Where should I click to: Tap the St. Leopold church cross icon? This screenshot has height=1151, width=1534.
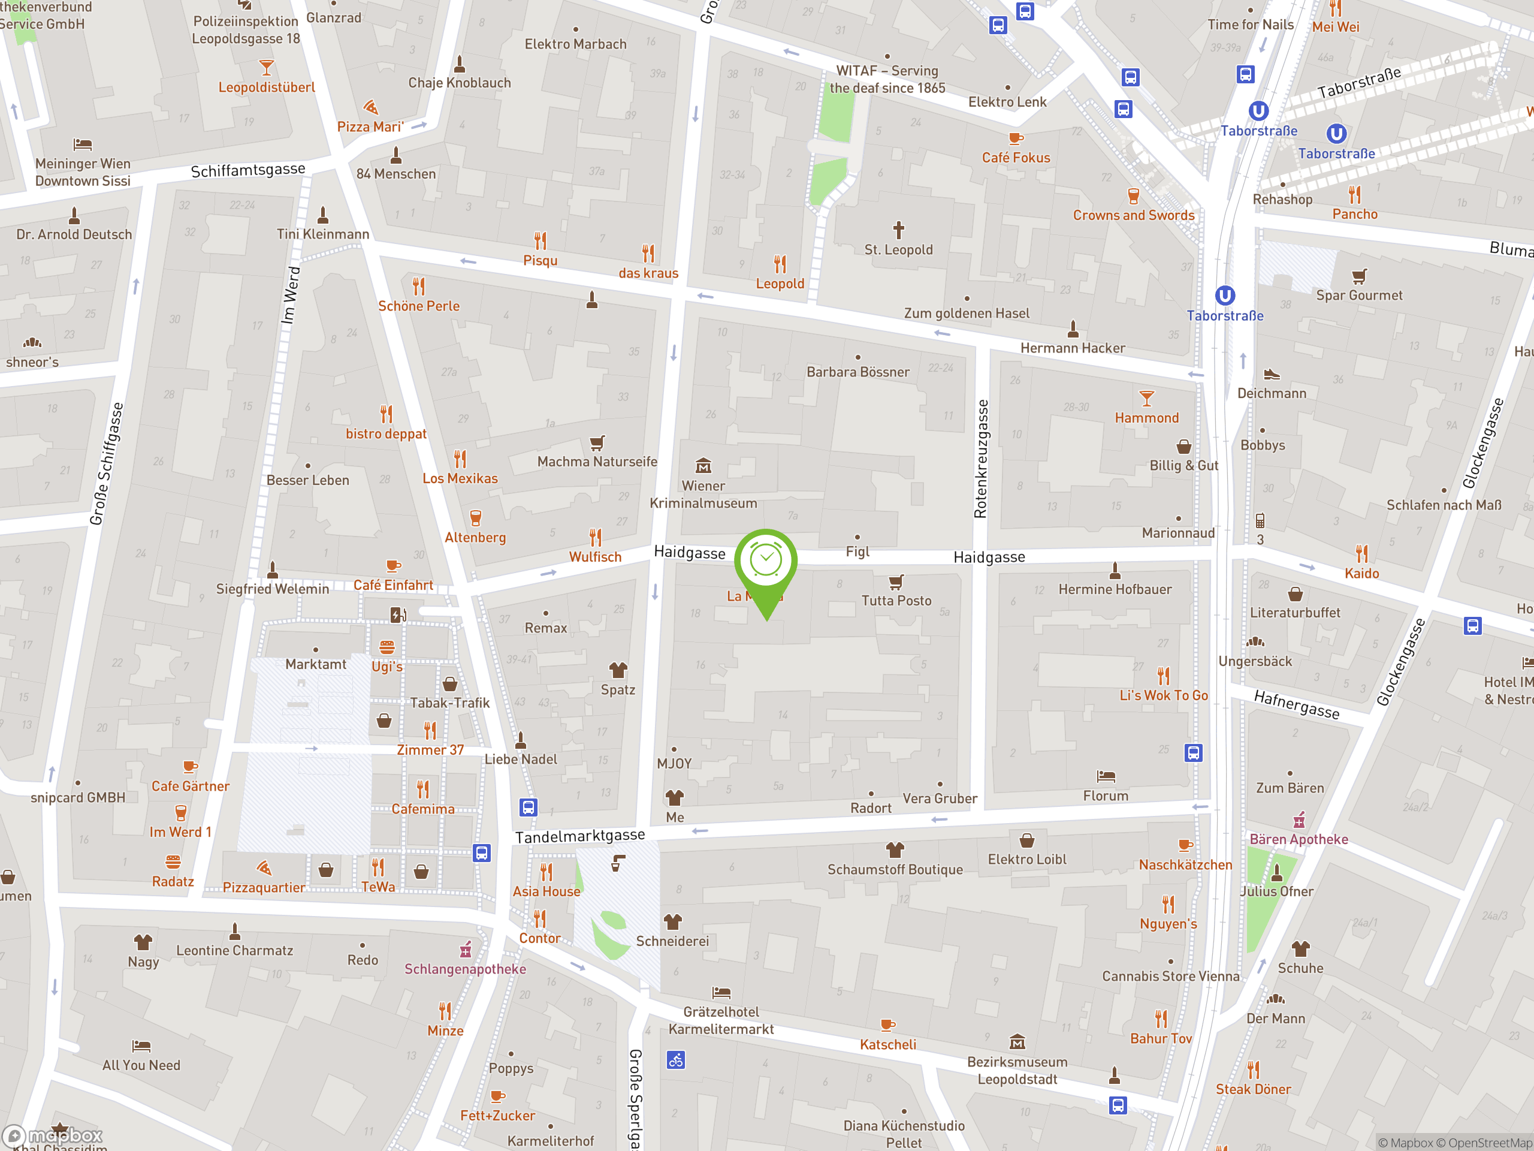coord(898,230)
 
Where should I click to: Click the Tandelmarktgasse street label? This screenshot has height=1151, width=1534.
coord(580,836)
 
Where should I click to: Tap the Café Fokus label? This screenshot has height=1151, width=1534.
coord(1015,158)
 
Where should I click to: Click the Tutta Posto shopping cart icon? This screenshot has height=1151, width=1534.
coord(896,581)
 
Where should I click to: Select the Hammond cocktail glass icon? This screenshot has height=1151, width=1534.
coord(1146,398)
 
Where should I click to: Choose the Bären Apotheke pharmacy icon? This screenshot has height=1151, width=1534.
coord(1299,820)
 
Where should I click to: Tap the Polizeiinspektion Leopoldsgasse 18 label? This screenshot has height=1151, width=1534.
coord(246,30)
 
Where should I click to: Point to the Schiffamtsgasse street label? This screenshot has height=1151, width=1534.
coord(247,170)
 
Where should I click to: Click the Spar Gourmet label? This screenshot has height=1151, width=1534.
coord(1358,296)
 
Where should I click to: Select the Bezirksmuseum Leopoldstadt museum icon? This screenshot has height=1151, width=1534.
coord(1017,1041)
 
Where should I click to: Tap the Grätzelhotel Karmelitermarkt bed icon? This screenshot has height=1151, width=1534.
coord(721,992)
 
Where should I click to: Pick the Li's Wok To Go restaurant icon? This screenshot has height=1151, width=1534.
coord(1163,675)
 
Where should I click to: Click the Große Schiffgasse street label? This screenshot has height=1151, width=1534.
coord(106,464)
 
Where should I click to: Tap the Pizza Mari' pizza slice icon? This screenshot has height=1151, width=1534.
coord(371,107)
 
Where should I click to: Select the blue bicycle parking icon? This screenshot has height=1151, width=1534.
coord(675,1059)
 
